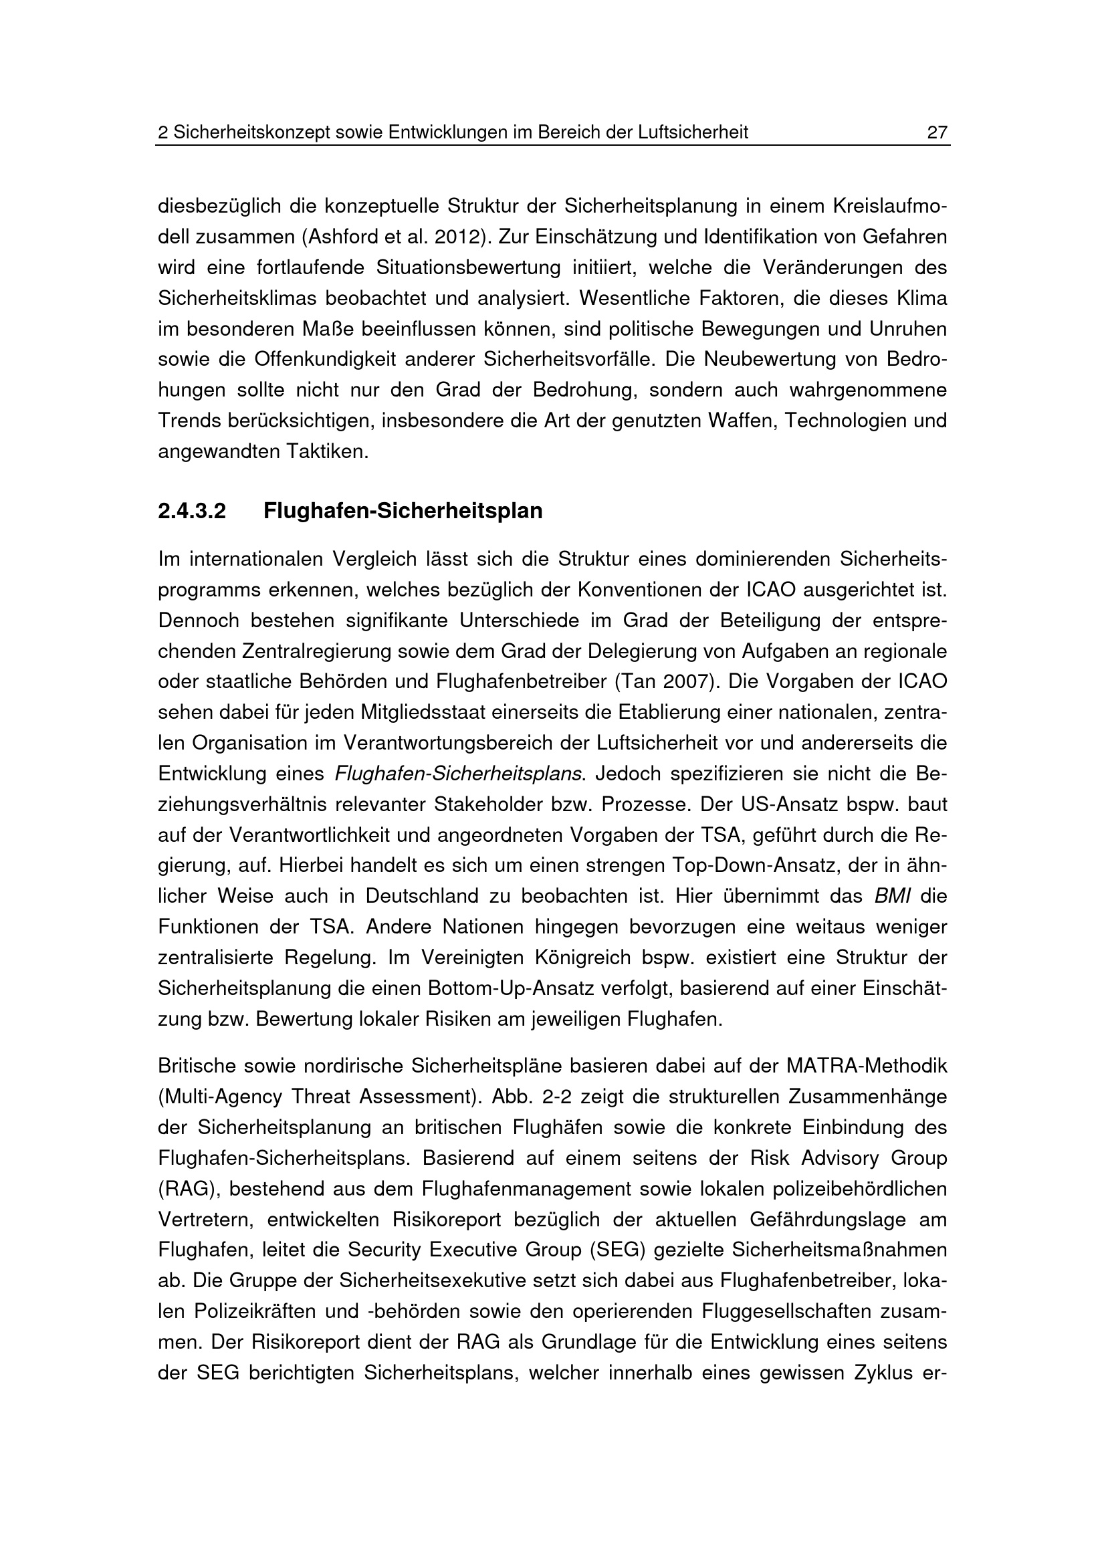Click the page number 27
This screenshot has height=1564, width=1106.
937,132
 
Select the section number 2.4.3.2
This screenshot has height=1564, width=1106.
191,510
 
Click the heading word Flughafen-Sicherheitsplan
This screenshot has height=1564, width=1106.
403,510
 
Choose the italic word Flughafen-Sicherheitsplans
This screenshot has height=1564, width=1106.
459,774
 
